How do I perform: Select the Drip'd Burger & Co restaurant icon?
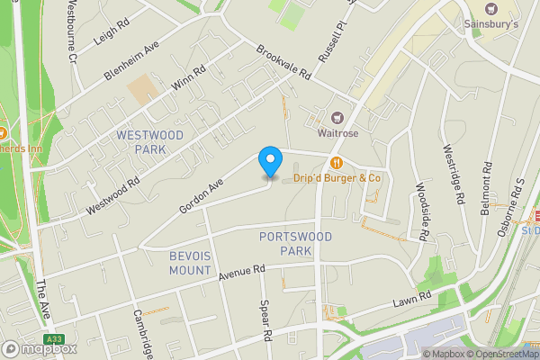pos(336,163)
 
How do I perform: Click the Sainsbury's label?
pos(490,22)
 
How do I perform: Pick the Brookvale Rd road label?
pos(283,62)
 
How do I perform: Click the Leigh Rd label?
pos(112,35)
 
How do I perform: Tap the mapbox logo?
pos(39,348)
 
